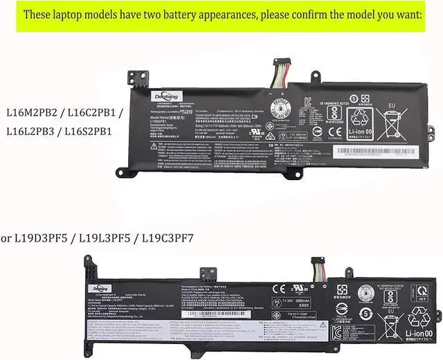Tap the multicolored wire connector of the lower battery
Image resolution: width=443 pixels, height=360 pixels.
[318, 267]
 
